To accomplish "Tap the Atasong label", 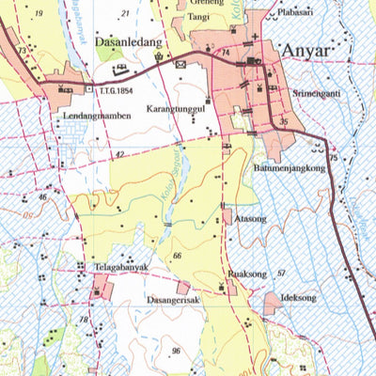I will tap(252, 217).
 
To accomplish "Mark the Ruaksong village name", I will tap(247, 274).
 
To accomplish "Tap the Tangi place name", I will tap(198, 16).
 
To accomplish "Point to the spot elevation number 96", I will tap(176, 351).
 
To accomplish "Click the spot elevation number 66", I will tap(176, 256).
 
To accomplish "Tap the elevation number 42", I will tap(118, 154).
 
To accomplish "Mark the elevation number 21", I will tap(127, 13).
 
